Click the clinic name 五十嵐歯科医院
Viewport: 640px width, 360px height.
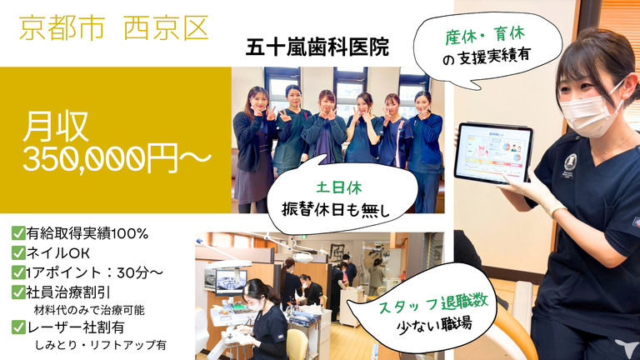317,47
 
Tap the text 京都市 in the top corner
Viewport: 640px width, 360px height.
62,28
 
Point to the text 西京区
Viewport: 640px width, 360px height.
166,28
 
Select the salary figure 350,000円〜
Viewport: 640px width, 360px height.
117,158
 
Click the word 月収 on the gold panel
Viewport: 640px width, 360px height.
56,127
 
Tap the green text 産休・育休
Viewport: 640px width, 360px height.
485,36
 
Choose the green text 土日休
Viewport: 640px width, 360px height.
339,187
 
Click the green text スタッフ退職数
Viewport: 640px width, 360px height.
433,304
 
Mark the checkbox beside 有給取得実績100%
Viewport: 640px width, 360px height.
18,233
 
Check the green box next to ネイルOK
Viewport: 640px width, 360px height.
18,252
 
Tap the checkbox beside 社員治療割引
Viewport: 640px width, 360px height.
18,292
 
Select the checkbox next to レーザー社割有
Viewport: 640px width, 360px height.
18,327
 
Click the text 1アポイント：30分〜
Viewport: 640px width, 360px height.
94,272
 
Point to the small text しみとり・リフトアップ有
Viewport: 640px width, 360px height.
100,345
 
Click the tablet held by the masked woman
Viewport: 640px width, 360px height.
494,153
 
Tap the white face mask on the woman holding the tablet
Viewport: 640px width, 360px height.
589,113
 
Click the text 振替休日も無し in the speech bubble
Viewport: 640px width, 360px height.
336,210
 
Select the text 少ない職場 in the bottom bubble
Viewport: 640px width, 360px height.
434,325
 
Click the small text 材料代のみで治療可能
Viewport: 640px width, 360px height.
89,310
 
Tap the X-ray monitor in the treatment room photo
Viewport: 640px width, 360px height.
231,282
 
